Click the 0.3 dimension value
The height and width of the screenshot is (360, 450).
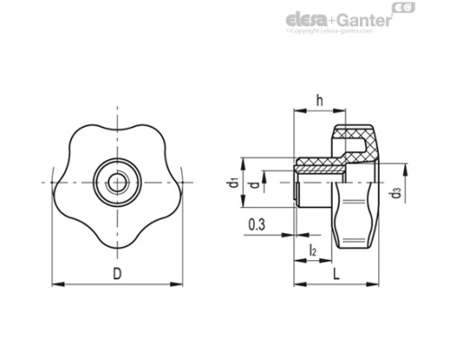(256, 225)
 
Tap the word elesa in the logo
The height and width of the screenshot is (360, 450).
(307, 19)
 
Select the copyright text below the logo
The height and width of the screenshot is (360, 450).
(328, 31)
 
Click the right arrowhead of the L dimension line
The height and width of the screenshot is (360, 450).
(375, 284)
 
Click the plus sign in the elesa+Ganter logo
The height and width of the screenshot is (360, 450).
(331, 19)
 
